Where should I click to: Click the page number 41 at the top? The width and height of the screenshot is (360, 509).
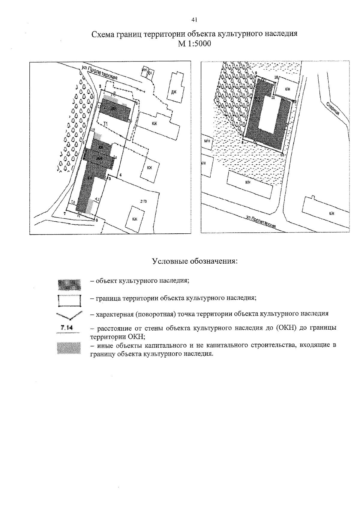194,20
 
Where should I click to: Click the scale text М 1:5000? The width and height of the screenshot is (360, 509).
194,44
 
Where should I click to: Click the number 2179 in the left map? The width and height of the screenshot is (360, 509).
143,201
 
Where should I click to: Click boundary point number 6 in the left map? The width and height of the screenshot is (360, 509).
97,220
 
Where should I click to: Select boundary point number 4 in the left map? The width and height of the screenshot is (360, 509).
120,175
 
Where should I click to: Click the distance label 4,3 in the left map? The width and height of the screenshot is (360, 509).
97,199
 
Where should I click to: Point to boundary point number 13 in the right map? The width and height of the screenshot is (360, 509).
282,154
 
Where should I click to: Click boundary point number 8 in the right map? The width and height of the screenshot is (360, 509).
242,143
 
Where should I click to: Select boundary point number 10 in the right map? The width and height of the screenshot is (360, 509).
276,77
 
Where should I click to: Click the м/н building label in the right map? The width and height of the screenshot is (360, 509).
206,141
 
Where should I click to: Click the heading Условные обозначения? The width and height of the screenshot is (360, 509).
195,261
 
